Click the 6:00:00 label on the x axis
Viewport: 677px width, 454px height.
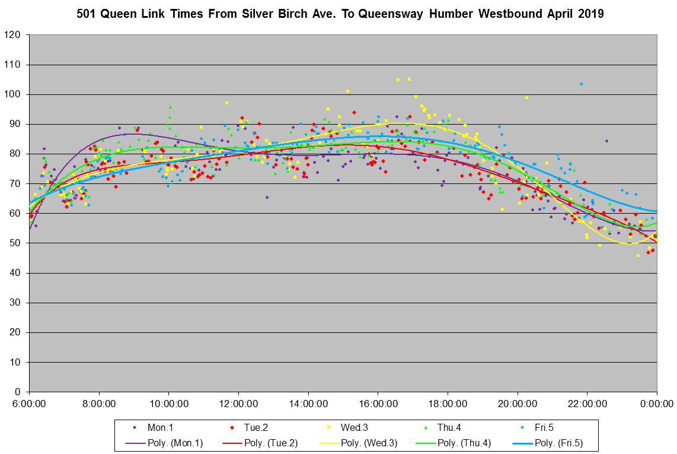coord(29,404)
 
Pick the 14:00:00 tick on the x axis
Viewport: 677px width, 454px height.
coord(308,404)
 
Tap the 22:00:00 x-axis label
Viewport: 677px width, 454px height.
coord(587,404)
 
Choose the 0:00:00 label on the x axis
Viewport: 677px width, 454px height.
coord(657,404)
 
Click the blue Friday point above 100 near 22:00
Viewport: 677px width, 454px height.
coord(581,84)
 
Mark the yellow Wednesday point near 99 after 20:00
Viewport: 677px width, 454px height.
coord(526,97)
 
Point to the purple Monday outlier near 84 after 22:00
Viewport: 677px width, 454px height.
coord(606,141)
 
